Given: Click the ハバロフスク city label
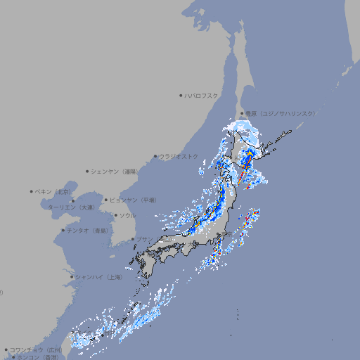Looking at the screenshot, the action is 202,95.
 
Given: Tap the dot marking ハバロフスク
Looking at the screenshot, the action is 181,95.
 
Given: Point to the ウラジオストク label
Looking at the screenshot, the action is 179,156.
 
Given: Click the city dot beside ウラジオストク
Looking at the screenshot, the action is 155,156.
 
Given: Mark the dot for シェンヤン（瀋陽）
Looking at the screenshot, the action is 88,171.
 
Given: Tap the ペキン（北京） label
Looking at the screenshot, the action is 53,191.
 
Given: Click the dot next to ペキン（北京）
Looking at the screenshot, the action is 32,191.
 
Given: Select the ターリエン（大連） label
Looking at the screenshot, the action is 71,207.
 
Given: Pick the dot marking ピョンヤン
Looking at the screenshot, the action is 107,200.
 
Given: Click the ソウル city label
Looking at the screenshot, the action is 127,215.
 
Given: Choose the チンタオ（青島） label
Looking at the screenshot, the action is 88,230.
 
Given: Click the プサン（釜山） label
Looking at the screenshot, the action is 153,240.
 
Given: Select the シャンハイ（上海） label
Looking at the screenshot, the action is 98,277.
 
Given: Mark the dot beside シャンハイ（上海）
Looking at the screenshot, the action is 71,277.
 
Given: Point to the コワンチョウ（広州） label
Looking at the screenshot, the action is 36,349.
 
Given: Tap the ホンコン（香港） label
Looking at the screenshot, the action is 39,357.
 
